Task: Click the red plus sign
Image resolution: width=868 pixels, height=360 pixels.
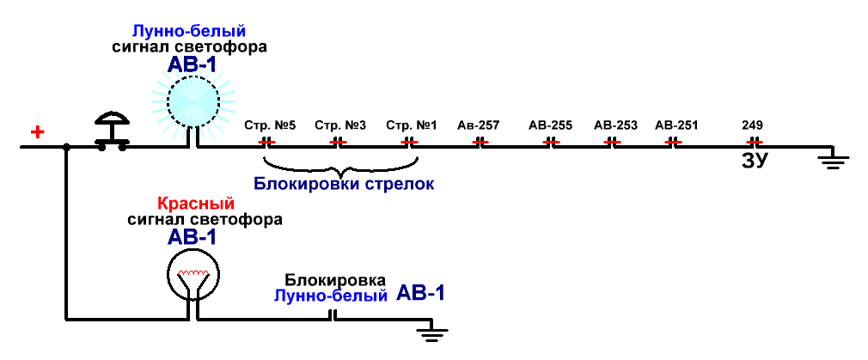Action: pos(37,132)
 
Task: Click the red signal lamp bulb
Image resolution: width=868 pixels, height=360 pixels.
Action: pos(193,273)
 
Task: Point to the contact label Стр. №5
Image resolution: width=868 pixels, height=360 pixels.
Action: pos(270,125)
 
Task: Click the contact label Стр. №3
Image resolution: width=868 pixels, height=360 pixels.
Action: pos(340,125)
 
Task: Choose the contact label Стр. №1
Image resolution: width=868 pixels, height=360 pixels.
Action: pos(412,125)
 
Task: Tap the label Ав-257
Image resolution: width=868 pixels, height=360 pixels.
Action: pos(479,125)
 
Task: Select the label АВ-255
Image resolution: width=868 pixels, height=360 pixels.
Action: pos(551,125)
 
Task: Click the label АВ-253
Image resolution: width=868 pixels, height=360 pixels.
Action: pos(615,125)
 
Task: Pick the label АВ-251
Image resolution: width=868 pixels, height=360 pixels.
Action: pos(676,125)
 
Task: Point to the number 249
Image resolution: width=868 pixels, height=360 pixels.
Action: pos(753,125)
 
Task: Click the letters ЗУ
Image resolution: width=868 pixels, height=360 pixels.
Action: pos(755,161)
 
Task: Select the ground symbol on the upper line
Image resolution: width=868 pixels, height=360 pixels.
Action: pos(833,158)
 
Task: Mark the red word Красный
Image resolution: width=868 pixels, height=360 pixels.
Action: pos(196,204)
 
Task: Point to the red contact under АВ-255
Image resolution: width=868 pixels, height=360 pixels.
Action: pos(551,142)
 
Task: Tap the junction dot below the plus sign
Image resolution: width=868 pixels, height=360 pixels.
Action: pos(66,147)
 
